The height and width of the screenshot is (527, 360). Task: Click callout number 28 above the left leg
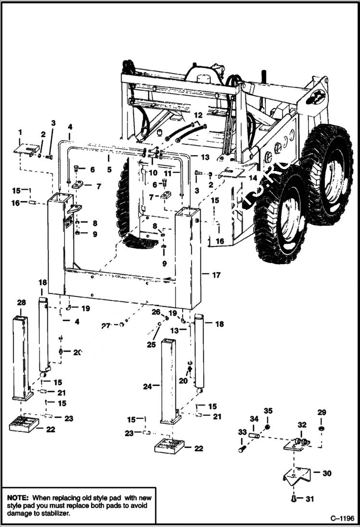[x=21, y=302]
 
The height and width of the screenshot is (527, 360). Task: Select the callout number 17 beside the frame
[x=216, y=275]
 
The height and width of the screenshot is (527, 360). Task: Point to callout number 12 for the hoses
[x=198, y=115]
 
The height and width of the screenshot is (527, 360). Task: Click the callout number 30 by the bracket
[x=327, y=473]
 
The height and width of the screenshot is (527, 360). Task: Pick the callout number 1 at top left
[x=20, y=132]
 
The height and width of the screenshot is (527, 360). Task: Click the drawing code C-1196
[x=342, y=518]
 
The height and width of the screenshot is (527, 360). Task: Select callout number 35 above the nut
[x=268, y=411]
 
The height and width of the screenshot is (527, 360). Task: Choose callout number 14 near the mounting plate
[x=253, y=177]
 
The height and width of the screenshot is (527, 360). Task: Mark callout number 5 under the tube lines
[x=109, y=170]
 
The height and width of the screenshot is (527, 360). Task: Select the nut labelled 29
[x=321, y=428]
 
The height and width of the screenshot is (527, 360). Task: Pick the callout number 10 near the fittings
[x=153, y=172]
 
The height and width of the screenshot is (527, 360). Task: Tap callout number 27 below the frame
[x=106, y=326]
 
